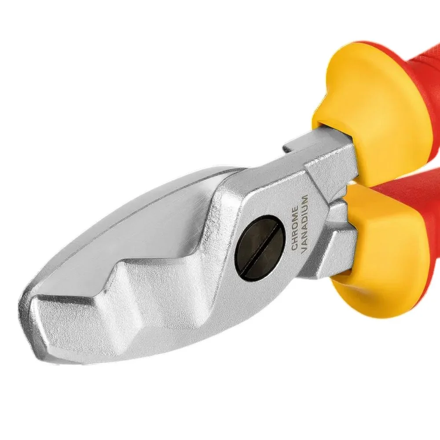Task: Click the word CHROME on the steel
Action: [295, 229]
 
